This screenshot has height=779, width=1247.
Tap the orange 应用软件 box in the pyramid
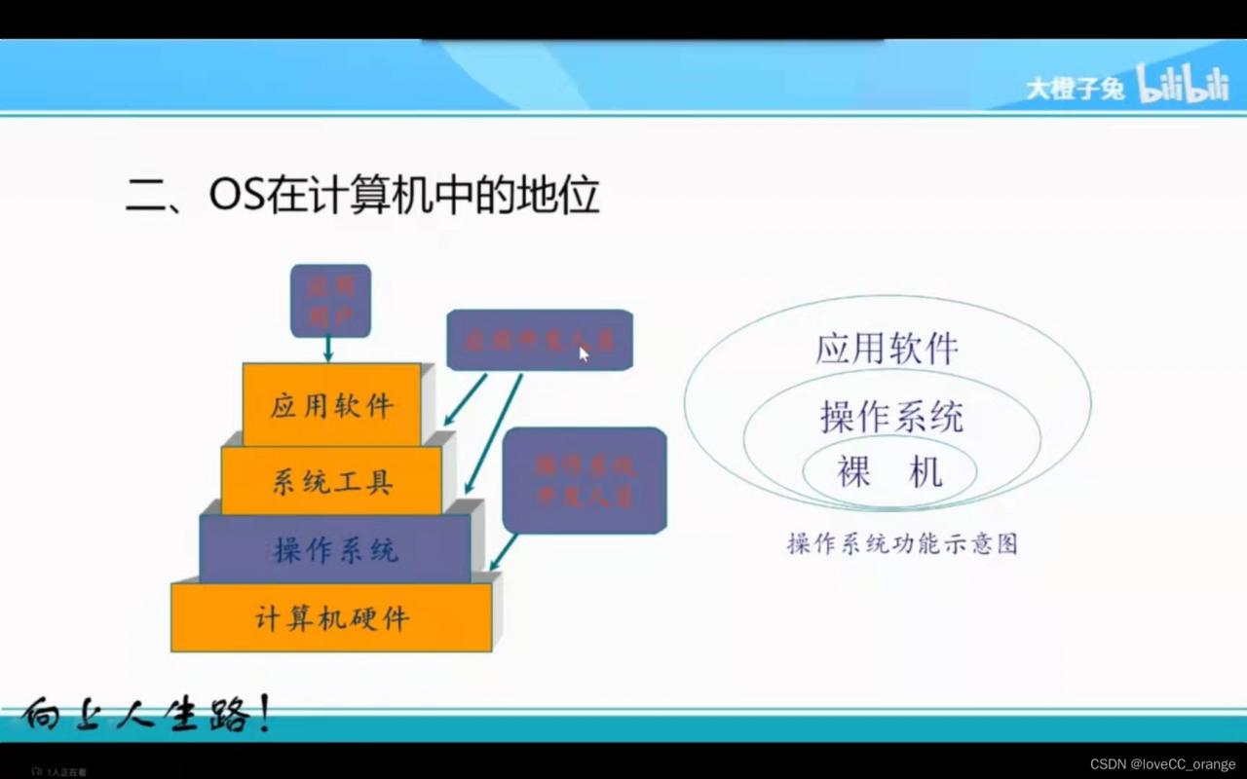click(331, 404)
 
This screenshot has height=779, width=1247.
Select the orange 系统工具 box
click(331, 480)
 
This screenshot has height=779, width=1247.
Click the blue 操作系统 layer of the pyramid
click(335, 549)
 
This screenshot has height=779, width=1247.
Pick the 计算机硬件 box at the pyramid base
click(331, 617)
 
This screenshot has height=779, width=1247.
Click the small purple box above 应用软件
click(330, 301)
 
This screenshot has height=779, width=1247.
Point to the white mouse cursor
click(584, 353)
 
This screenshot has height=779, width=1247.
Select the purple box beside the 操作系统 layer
click(585, 480)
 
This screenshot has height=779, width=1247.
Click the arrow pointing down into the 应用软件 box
click(328, 349)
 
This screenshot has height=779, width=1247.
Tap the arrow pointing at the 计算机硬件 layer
click(503, 552)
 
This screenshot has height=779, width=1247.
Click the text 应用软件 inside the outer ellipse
click(887, 349)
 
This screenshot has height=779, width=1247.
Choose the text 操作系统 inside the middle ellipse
click(891, 417)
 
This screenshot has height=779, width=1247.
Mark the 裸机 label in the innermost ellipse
click(889, 472)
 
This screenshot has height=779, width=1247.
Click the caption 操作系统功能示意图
click(902, 543)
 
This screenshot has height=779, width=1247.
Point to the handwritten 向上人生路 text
click(146, 718)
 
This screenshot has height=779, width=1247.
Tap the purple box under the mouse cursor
click(540, 340)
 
